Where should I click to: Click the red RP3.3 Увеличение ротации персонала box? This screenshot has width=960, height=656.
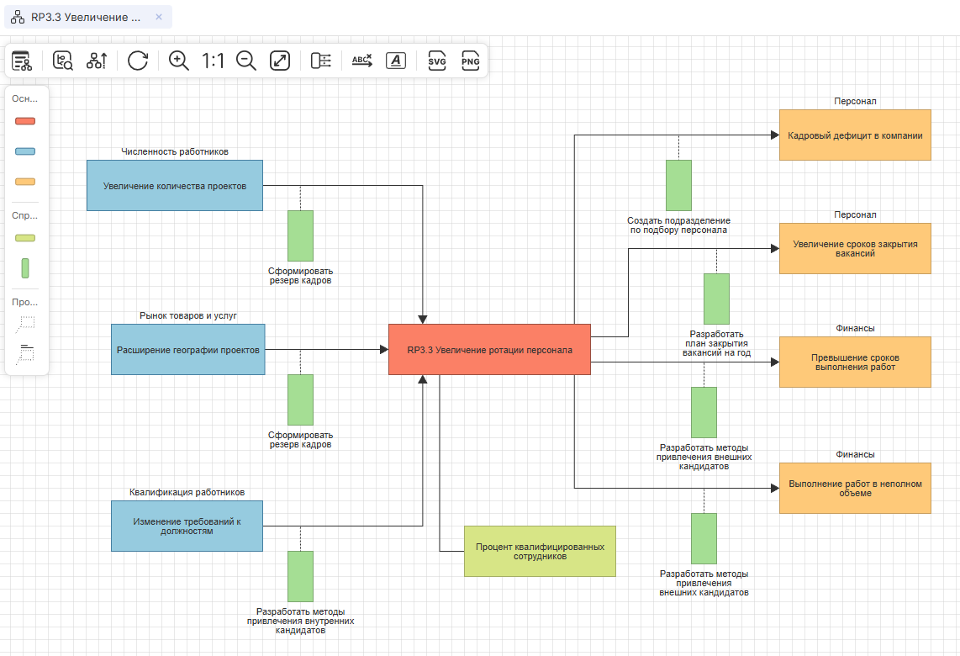click(489, 349)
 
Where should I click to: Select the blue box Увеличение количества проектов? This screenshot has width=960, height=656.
click(175, 185)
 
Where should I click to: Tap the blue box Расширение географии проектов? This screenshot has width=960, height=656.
click(187, 349)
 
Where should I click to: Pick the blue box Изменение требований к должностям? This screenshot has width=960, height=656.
click(187, 526)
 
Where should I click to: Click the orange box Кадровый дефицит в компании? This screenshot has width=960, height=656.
click(855, 135)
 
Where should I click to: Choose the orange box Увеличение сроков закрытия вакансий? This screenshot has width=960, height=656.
click(855, 248)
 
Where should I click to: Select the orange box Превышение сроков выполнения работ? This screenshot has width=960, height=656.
click(855, 362)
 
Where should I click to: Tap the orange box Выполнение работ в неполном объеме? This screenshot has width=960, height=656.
click(855, 488)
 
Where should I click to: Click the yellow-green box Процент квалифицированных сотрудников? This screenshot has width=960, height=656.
click(540, 551)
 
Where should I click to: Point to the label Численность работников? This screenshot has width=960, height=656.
click(175, 152)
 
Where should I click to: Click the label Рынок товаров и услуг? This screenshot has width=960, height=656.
click(188, 315)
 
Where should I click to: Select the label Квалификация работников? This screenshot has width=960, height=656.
click(187, 492)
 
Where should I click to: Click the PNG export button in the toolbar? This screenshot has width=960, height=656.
click(471, 61)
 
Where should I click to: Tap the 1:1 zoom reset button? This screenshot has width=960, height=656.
click(214, 61)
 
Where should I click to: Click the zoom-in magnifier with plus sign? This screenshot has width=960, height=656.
click(179, 61)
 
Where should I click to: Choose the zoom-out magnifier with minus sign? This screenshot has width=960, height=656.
click(246, 61)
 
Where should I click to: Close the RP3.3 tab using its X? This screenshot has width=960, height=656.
click(159, 18)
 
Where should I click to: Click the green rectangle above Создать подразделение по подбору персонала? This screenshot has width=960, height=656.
click(678, 185)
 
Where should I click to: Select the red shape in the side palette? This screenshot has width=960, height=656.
click(25, 121)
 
